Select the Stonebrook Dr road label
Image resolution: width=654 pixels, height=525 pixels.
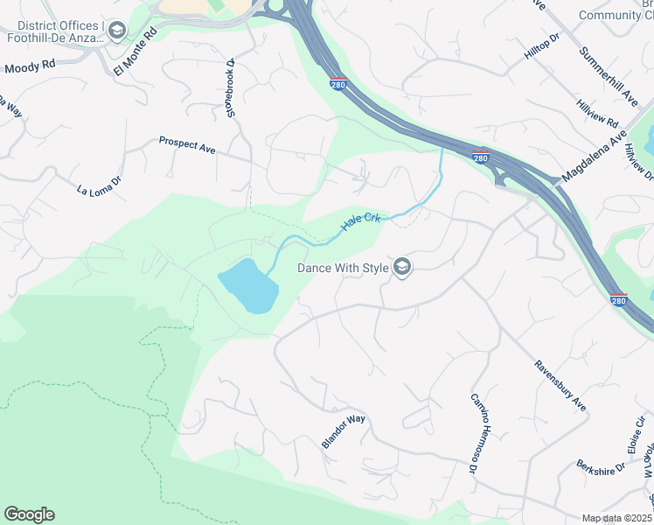click(231, 88)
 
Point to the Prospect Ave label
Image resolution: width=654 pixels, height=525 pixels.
click(186, 144)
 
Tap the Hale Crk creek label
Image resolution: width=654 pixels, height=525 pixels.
click(362, 220)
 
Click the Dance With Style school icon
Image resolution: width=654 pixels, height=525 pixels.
click(402, 268)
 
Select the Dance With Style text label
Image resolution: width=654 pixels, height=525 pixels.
click(342, 269)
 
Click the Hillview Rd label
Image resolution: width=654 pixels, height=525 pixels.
click(597, 113)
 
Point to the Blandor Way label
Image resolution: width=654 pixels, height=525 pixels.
click(343, 430)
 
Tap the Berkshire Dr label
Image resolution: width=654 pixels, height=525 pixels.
click(601, 466)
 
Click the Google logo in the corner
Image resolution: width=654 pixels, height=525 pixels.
click(29, 514)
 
